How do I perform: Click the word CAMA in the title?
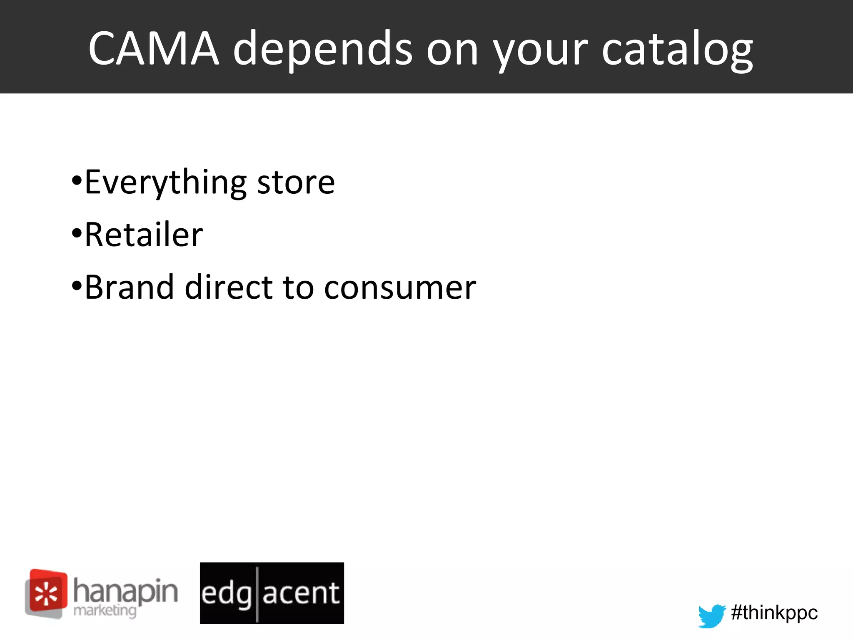pyautogui.click(x=154, y=49)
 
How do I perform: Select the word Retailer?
pyautogui.click(x=144, y=235)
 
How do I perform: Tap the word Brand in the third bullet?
pyautogui.click(x=129, y=287)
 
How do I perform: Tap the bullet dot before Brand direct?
pyautogui.click(x=76, y=286)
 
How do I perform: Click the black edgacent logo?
pyautogui.click(x=272, y=593)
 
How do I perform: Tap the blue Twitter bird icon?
pyautogui.click(x=711, y=615)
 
